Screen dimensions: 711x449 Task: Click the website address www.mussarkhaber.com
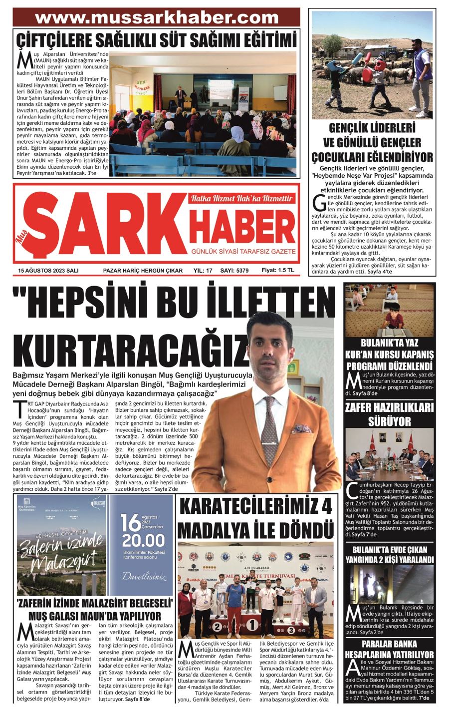pyautogui.click(x=157, y=18)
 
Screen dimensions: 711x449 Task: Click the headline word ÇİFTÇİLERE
pyautogui.click(x=63, y=39)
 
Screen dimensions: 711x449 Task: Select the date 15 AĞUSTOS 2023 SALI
pyautogui.click(x=48, y=271)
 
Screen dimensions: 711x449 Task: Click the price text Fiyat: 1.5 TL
pyautogui.click(x=278, y=270)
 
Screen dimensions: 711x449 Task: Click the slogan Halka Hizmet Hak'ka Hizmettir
pyautogui.click(x=241, y=198)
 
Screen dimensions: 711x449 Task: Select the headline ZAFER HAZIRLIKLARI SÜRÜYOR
pyautogui.click(x=389, y=414)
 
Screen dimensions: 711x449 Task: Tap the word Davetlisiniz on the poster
pyautogui.click(x=144, y=576)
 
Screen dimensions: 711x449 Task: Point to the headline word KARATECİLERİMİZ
pyautogui.click(x=255, y=506)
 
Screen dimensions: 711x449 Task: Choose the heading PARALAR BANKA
pyautogui.click(x=389, y=644)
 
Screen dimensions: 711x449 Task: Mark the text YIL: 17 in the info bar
pyautogui.click(x=203, y=271)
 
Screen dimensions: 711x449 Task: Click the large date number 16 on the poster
pyautogui.click(x=129, y=523)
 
